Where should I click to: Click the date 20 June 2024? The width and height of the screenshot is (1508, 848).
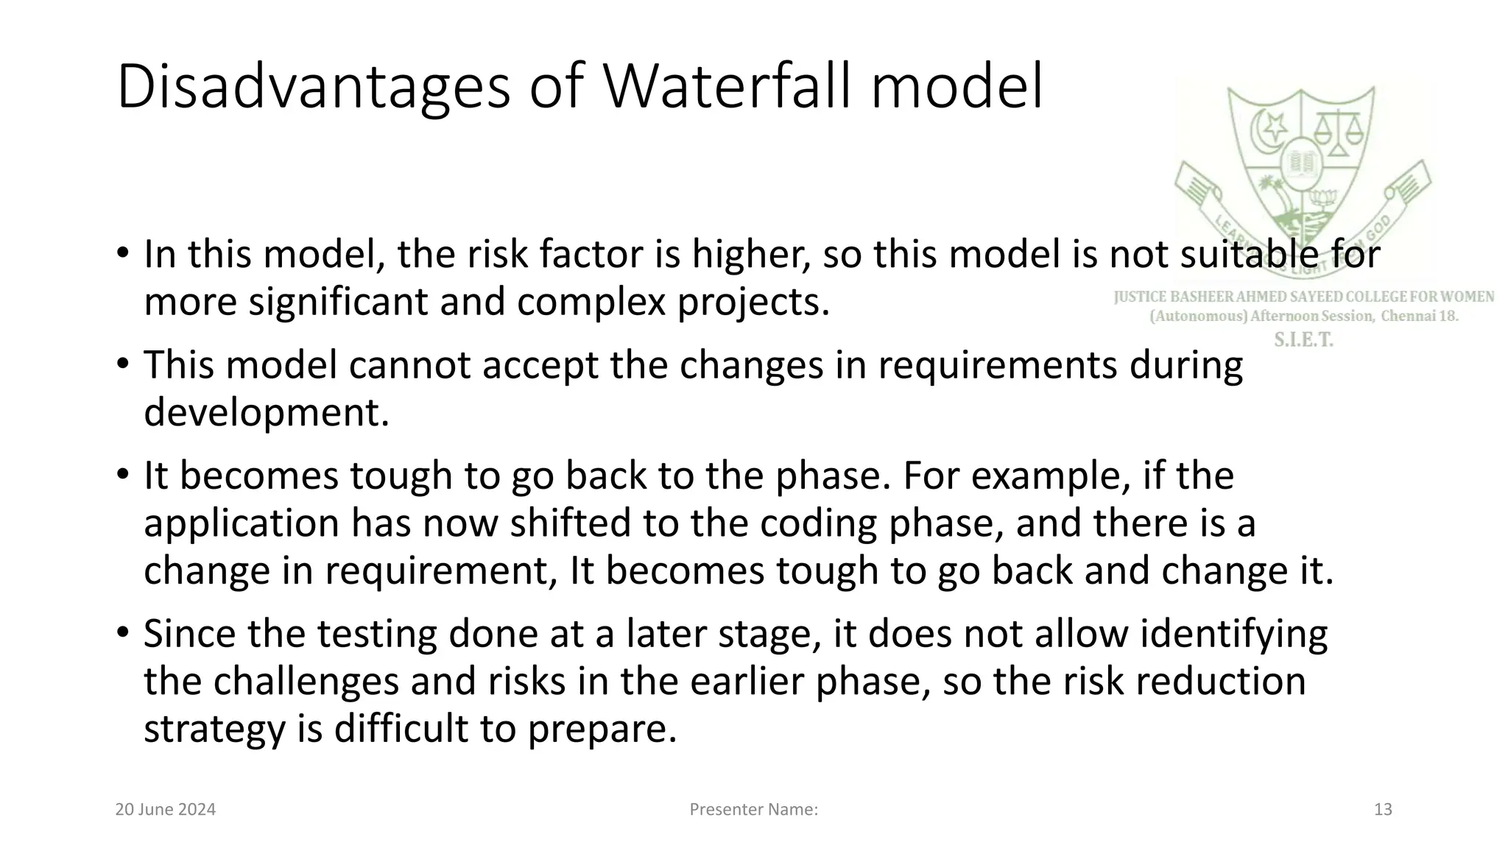coord(166,810)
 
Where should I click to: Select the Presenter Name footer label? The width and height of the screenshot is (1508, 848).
coord(753,810)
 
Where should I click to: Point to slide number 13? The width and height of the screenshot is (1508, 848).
coord(1383,810)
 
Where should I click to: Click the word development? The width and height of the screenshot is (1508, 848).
coord(266,412)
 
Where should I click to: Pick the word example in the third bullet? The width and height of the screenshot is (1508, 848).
coord(1050,476)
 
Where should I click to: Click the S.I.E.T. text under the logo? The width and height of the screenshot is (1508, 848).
coord(1303,340)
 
